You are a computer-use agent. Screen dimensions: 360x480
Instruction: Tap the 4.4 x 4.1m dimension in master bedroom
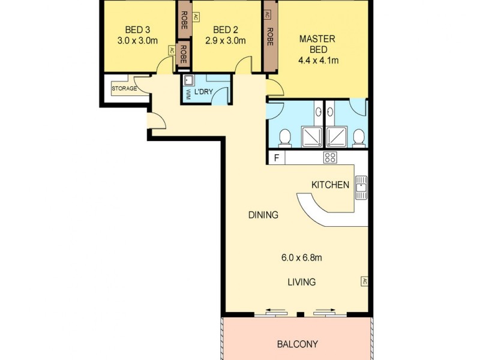coord(319,60)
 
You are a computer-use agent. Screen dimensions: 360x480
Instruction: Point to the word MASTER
coord(317,39)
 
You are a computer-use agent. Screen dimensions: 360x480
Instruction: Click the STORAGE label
coord(124,89)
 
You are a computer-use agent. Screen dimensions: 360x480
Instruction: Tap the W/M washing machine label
coord(187,95)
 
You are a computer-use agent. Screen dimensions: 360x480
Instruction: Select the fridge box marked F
coord(276,158)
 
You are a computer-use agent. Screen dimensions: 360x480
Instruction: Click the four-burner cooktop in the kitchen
coord(329,158)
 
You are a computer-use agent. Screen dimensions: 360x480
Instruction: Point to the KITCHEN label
coord(329,185)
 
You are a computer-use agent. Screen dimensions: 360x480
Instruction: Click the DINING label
coord(263,215)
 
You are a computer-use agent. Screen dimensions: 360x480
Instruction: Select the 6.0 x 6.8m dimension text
coord(302,258)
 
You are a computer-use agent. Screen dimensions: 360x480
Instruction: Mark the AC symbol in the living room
coord(364,281)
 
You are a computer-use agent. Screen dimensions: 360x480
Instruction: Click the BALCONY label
coord(297,344)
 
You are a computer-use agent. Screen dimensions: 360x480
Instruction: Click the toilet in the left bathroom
coord(285,137)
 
